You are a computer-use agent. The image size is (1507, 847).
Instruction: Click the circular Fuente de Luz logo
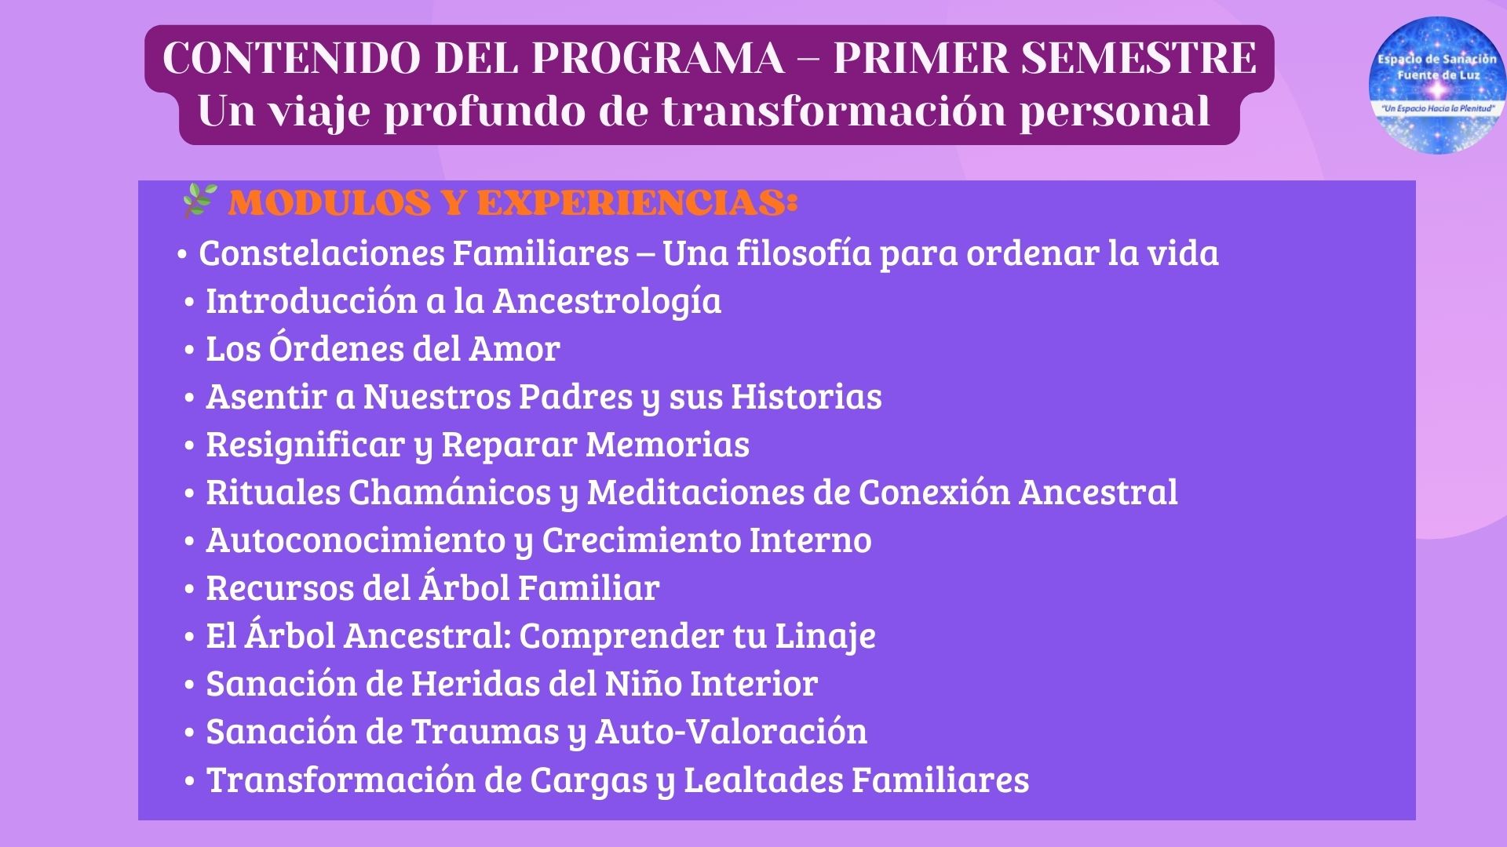pyautogui.click(x=1437, y=85)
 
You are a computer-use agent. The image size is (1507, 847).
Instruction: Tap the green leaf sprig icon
pyautogui.click(x=199, y=201)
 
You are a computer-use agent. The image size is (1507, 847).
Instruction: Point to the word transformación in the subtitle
pyautogui.click(x=834, y=110)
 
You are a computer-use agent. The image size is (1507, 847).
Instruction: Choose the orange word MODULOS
pyautogui.click(x=330, y=203)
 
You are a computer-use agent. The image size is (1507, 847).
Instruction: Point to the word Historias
pyautogui.click(x=807, y=396)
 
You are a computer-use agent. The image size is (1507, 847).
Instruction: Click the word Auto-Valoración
pyautogui.click(x=732, y=731)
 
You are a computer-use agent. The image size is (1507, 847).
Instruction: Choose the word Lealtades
pyautogui.click(x=763, y=780)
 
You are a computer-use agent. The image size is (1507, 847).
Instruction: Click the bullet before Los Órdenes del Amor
pyautogui.click(x=189, y=350)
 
